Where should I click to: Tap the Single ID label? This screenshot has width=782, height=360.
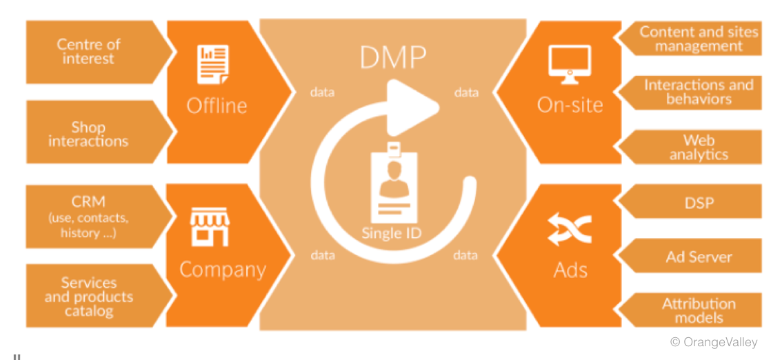click(391, 233)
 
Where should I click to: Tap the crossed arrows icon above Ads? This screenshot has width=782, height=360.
click(570, 230)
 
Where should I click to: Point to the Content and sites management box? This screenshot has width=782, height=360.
click(698, 39)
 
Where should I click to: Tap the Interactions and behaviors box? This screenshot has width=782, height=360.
click(698, 92)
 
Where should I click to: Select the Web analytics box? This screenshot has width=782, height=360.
click(698, 147)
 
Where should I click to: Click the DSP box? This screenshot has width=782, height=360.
click(698, 202)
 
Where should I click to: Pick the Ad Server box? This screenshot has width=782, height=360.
click(698, 257)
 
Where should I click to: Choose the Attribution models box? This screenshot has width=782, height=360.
click(698, 310)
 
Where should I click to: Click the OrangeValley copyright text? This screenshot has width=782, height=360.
click(713, 342)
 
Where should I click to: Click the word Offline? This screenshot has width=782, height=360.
click(217, 106)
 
